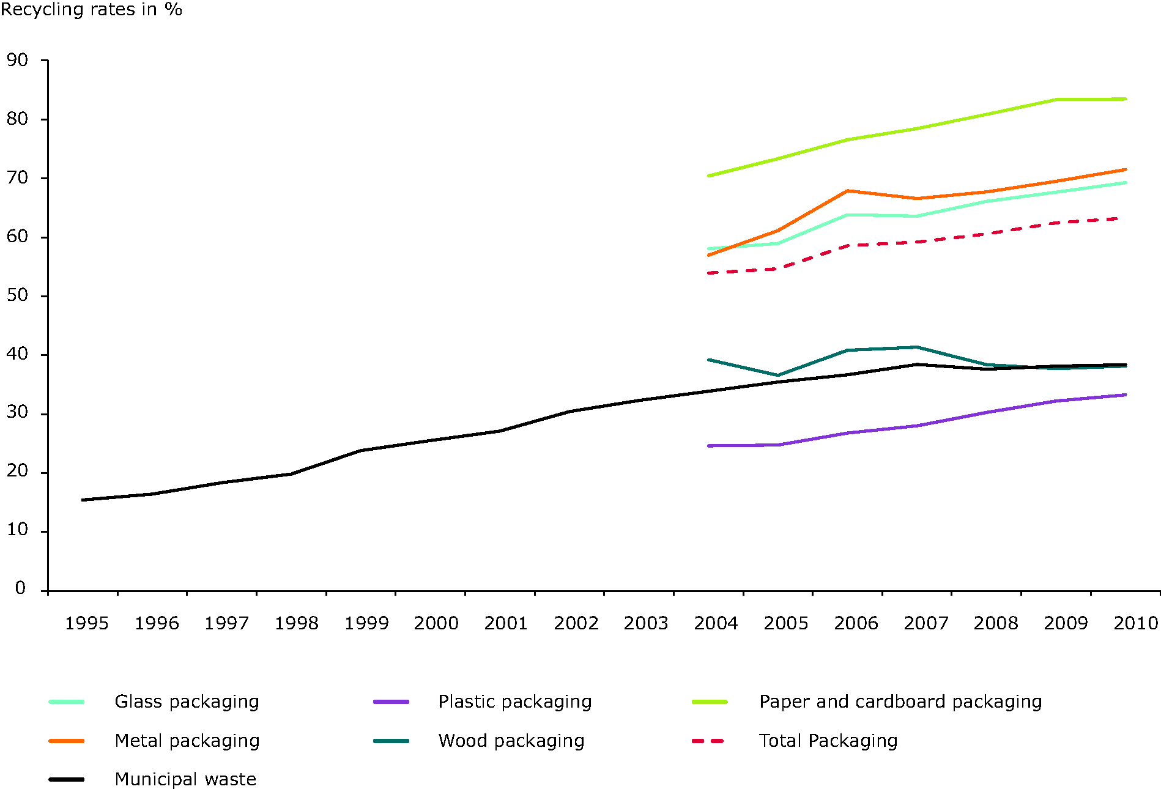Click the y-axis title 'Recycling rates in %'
pyautogui.click(x=91, y=10)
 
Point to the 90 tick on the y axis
pyautogui.click(x=18, y=60)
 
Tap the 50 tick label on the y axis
pyautogui.click(x=18, y=295)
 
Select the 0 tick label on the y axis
pyautogui.click(x=21, y=588)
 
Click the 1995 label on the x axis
pyautogui.click(x=87, y=623)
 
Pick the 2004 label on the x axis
pyautogui.click(x=716, y=623)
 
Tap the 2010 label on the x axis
pyautogui.click(x=1136, y=623)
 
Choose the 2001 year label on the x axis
pyautogui.click(x=506, y=623)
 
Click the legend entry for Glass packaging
pyautogui.click(x=187, y=702)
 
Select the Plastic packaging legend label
pyautogui.click(x=515, y=702)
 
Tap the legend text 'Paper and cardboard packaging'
pyautogui.click(x=900, y=702)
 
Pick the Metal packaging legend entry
pyautogui.click(x=187, y=741)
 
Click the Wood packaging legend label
pyautogui.click(x=511, y=741)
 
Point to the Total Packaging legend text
pyautogui.click(x=828, y=741)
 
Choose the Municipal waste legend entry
pyautogui.click(x=185, y=779)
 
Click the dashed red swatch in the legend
pyautogui.click(x=708, y=741)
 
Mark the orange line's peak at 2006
pyautogui.click(x=847, y=191)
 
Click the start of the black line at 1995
pyautogui.click(x=83, y=500)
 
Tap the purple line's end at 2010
pyautogui.click(x=1126, y=395)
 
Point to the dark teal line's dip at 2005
pyautogui.click(x=777, y=375)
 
